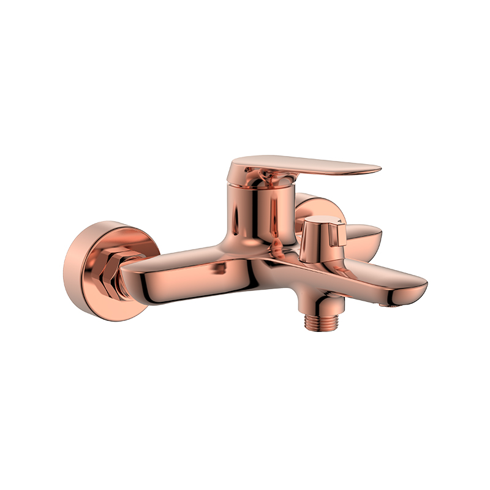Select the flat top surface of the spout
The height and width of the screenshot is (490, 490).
[x=367, y=269]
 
